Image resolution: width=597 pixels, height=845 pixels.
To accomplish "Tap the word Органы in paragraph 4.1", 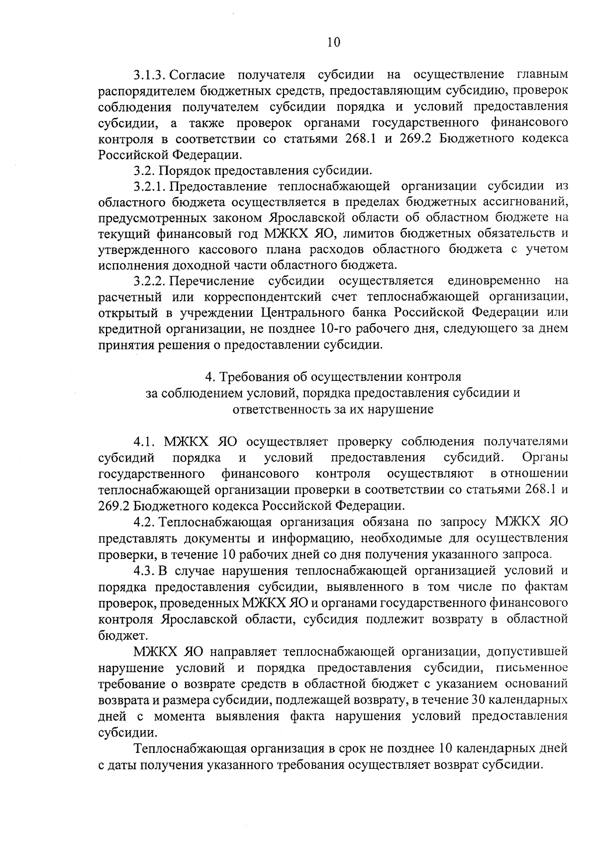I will click(x=545, y=457).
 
